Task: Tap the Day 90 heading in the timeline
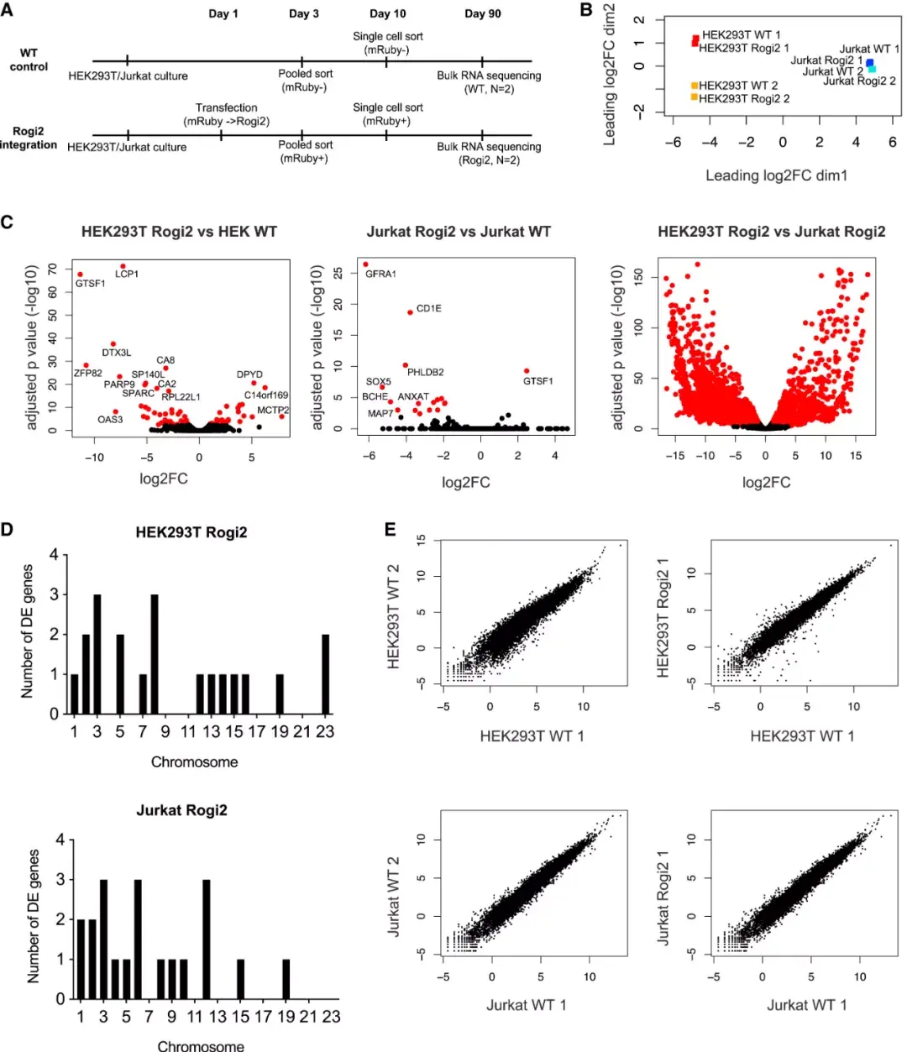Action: [482, 13]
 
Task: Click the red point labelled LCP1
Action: [123, 266]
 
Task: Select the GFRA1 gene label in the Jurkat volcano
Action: [380, 275]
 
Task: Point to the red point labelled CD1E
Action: [410, 312]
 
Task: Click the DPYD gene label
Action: [249, 374]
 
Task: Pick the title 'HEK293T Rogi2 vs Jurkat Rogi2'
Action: [771, 232]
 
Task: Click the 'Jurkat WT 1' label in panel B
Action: [869, 49]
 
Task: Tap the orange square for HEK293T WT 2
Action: [695, 86]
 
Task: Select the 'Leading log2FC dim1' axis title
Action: [776, 175]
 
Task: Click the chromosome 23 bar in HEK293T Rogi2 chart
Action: [325, 674]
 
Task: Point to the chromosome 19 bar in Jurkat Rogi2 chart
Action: [286, 979]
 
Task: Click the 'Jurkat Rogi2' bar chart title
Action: [181, 810]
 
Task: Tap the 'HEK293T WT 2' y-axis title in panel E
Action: [393, 617]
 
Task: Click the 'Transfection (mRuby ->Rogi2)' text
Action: [226, 114]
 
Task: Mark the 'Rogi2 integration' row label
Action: [29, 138]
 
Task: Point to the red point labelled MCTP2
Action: [282, 416]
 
